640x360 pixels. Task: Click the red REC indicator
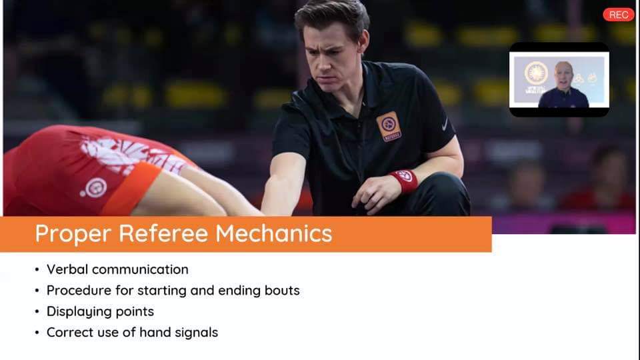(x=619, y=15)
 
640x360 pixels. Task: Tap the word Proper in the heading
(x=73, y=234)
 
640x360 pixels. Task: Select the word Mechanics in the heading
(x=273, y=233)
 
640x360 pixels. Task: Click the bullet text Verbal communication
(x=117, y=269)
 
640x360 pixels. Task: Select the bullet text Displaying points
(x=101, y=312)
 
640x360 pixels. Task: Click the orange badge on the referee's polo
(x=389, y=126)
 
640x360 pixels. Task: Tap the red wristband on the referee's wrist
(x=404, y=181)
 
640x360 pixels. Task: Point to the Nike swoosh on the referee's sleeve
(x=445, y=125)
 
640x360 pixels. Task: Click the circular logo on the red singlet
(x=95, y=188)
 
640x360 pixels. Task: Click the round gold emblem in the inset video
(x=536, y=73)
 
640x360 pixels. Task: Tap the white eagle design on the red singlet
(x=131, y=154)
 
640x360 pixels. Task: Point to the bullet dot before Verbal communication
(x=37, y=270)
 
